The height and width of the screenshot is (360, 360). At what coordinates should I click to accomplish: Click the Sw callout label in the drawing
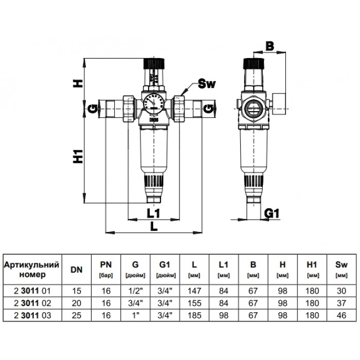pyautogui.click(x=207, y=84)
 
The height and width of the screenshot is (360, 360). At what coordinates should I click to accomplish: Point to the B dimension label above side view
pyautogui.click(x=270, y=46)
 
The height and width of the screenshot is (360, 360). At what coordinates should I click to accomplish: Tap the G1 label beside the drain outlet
pyautogui.click(x=272, y=213)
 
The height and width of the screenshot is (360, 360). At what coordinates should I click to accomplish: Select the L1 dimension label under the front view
pyautogui.click(x=153, y=213)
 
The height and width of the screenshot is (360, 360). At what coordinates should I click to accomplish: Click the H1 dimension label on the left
pyautogui.click(x=78, y=156)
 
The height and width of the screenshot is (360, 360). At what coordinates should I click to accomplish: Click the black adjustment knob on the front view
pyautogui.click(x=154, y=64)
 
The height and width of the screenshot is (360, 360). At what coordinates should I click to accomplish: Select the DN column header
pyautogui.click(x=77, y=269)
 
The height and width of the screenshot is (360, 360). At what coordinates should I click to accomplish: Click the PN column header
pyautogui.click(x=106, y=269)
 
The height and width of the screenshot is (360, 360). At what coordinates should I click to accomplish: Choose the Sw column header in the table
pyautogui.click(x=341, y=269)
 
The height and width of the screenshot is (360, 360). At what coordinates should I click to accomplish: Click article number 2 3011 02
pyautogui.click(x=32, y=303)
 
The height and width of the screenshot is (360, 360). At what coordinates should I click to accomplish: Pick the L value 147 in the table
pyautogui.click(x=194, y=291)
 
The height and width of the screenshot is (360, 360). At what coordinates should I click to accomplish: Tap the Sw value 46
pyautogui.click(x=341, y=315)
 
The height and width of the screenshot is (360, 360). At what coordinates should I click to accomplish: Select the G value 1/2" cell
pyautogui.click(x=135, y=291)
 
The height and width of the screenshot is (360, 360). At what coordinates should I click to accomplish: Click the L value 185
pyautogui.click(x=194, y=315)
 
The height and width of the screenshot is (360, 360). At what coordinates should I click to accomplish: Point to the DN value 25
pyautogui.click(x=77, y=315)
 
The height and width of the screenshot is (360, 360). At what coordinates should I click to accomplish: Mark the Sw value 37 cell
pyautogui.click(x=341, y=303)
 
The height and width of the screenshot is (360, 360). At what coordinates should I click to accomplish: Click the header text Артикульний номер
pyautogui.click(x=32, y=269)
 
